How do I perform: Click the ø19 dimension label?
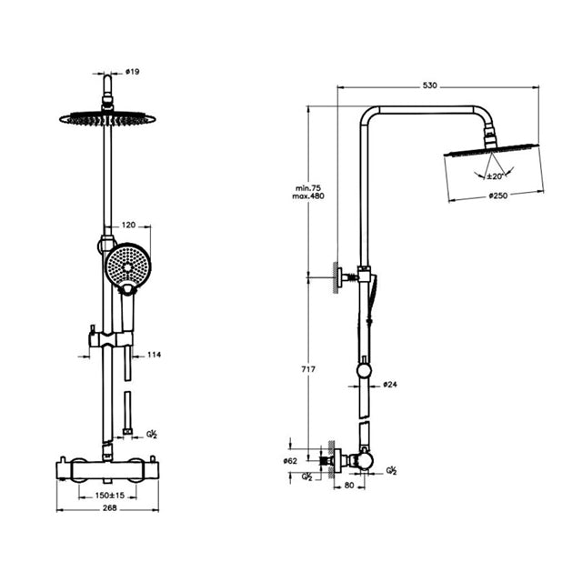(133, 72)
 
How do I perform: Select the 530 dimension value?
(430, 85)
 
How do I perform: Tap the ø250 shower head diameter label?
(498, 196)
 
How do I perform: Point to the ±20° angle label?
(495, 176)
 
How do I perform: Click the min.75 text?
(308, 188)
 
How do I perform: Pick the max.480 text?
(308, 196)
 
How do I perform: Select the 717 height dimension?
(308, 369)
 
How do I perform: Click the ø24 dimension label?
(390, 385)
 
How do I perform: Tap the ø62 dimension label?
(290, 461)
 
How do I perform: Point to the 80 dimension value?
(349, 485)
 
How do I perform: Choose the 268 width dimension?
(109, 507)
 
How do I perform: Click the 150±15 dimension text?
(110, 496)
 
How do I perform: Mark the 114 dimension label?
(154, 355)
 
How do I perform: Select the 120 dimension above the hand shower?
(129, 225)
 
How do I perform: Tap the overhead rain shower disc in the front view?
(107, 119)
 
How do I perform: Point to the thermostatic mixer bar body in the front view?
(107, 470)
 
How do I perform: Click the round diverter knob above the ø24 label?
(364, 371)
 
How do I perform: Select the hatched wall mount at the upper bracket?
(336, 277)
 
